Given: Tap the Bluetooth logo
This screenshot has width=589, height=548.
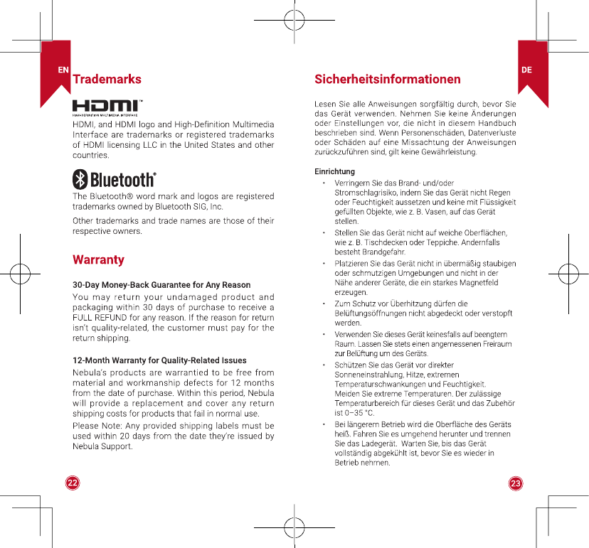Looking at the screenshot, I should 115,179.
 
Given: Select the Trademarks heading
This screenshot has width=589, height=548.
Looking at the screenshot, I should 107,79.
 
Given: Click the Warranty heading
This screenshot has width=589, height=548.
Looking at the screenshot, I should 99,259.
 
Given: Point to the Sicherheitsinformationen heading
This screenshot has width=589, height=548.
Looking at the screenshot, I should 388,79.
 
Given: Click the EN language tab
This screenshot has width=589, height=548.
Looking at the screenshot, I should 63,70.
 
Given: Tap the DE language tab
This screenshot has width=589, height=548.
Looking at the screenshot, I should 526,70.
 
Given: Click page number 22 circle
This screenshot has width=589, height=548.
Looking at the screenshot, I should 73,483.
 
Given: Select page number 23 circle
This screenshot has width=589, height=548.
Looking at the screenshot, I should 516,483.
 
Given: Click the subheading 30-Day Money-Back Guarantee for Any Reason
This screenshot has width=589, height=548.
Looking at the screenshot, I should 161,285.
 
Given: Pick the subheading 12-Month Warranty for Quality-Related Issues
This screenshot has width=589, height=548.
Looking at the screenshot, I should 159,360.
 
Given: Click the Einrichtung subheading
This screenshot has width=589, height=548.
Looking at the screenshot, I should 334,171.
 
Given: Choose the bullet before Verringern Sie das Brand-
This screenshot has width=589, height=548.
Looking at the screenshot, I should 324,183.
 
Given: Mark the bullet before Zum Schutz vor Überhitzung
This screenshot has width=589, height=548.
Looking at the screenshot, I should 324,303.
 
